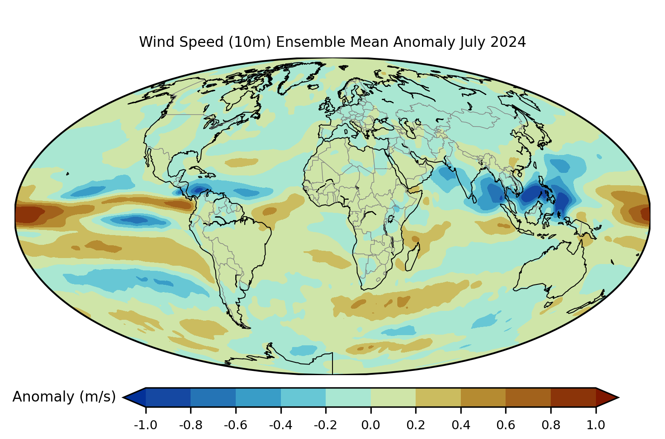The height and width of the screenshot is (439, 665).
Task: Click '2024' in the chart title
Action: point(508,42)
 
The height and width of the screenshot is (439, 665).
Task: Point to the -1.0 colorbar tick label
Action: point(145,425)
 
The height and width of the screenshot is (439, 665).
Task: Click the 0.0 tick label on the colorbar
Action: point(370,425)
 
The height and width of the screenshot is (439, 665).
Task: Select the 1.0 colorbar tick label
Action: point(596,425)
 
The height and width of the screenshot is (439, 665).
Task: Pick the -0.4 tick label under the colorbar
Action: point(280,425)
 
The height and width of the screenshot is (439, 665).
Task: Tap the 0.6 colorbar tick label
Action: point(506,425)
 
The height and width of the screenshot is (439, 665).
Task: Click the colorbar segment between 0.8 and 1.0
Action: point(573,397)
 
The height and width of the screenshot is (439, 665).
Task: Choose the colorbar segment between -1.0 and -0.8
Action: point(168,397)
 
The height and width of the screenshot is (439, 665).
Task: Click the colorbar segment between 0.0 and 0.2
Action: point(393,397)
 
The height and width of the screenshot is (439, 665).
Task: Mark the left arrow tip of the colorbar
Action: point(123,397)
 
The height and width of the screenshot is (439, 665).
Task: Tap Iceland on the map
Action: point(313,87)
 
